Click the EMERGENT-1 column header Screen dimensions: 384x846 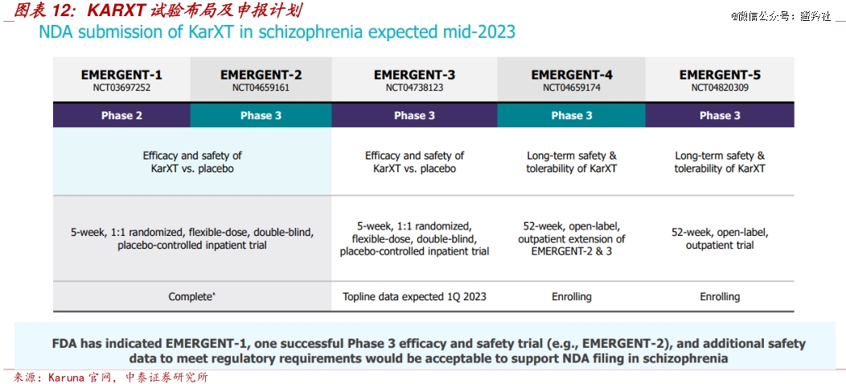[121, 74]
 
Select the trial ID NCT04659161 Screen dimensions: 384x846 [261, 88]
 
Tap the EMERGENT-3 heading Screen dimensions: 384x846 [414, 74]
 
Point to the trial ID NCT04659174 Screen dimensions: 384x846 [571, 88]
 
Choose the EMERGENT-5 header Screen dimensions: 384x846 [720, 74]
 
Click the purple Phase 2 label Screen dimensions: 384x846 [121, 115]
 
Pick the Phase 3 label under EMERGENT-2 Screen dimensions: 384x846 [261, 115]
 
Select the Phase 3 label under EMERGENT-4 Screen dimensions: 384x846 [571, 115]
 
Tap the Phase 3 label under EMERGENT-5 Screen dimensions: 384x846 [720, 115]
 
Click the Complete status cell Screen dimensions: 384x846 [191, 296]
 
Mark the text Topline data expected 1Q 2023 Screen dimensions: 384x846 [414, 296]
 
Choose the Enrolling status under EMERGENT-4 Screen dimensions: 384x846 [571, 296]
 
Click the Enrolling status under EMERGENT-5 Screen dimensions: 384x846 [720, 296]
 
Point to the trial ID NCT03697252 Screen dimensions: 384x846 [121, 88]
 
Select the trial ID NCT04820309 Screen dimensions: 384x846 [720, 88]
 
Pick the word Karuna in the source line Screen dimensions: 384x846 [70, 377]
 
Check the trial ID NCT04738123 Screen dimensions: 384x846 [414, 88]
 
